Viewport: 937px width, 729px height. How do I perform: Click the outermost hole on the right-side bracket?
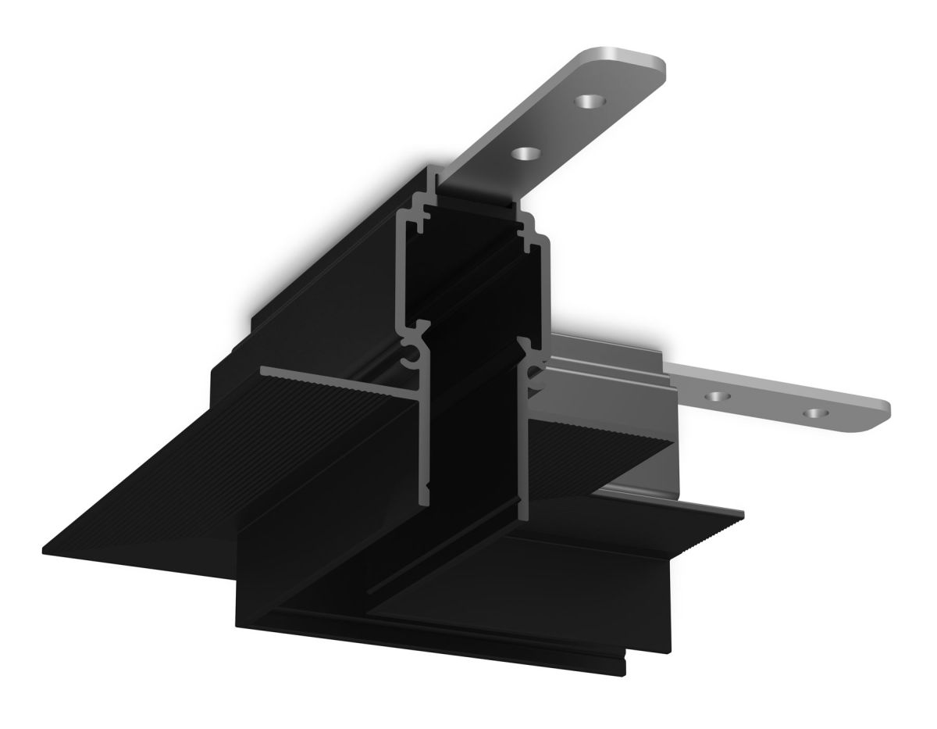coord(818,412)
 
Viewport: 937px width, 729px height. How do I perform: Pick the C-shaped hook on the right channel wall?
coord(536,373)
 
